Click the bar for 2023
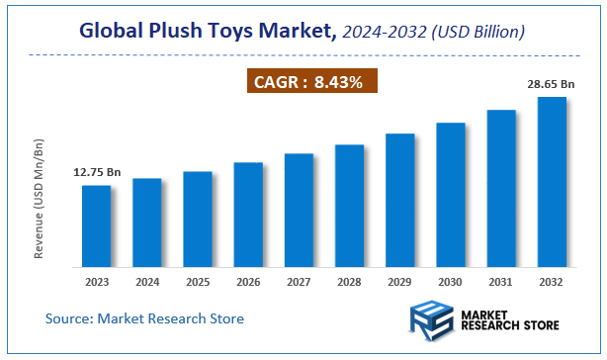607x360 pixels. coord(96,225)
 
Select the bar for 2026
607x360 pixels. coord(248,215)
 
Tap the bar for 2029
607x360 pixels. coord(399,200)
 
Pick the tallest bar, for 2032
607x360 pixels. coord(552,182)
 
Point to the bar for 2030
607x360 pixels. coord(451,195)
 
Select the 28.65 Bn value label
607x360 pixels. coord(552,86)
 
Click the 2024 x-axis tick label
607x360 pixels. coord(146,283)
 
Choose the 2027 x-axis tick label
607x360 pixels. coord(299,283)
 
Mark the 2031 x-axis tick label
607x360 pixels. coord(501,283)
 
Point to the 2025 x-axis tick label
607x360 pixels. coord(197,283)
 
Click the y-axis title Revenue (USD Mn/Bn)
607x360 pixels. coord(40,198)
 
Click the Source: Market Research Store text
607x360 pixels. coord(144,318)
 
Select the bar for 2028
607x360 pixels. coord(349,206)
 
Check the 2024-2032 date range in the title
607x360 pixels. coord(379,34)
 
